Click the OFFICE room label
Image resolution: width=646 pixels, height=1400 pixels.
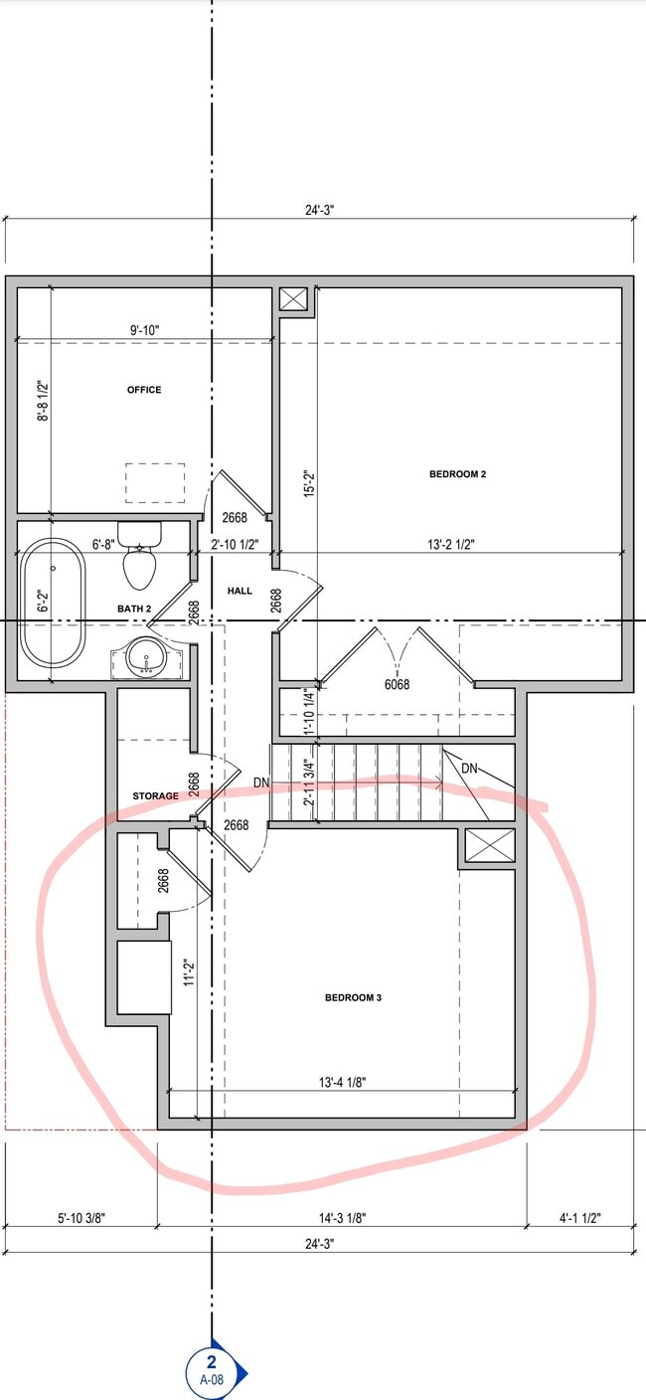point(143,390)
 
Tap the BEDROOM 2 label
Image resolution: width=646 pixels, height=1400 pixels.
point(457,474)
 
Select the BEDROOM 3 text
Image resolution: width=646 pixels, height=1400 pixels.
point(353,997)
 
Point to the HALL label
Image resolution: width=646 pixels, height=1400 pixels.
point(240,591)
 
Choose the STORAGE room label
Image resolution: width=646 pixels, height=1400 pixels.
point(156,795)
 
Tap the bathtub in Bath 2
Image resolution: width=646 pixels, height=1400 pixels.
point(53,603)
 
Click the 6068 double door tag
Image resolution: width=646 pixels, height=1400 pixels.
point(397,684)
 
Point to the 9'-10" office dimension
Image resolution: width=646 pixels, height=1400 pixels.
point(144,330)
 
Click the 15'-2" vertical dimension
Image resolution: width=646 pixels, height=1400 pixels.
point(308,486)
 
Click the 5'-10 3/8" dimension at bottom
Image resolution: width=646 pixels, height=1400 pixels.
point(81,1217)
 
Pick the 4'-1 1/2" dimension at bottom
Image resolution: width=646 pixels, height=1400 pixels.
point(579,1217)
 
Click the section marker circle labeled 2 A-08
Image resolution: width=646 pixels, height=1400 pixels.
point(211,1372)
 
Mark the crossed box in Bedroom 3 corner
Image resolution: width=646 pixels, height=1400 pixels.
point(491,846)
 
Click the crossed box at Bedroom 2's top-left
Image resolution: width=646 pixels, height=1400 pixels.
point(294,300)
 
